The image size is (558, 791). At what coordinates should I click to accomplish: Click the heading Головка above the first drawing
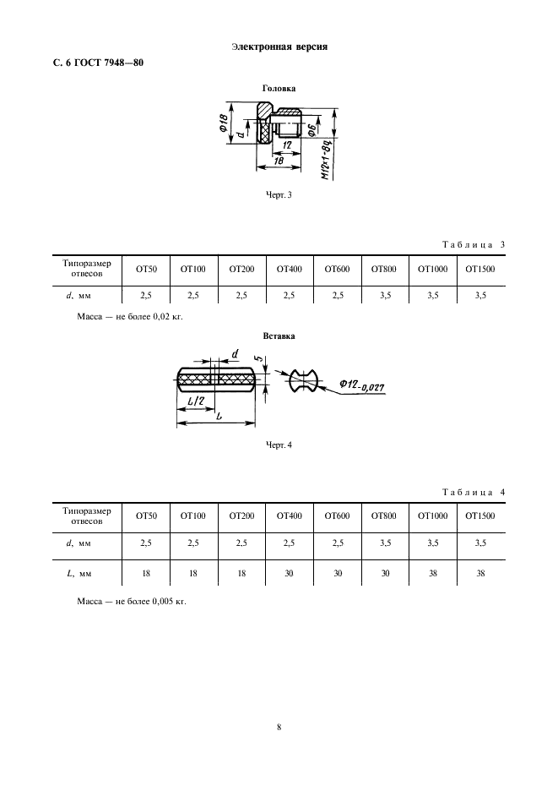tap(279, 87)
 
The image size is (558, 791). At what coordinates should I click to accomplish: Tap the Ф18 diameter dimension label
tap(219, 124)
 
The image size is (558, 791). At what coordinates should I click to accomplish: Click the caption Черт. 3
tap(279, 195)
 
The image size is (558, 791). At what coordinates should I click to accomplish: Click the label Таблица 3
tap(473, 245)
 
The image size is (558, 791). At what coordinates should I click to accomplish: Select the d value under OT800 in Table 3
tap(384, 295)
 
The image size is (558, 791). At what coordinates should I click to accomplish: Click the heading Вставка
tap(279, 335)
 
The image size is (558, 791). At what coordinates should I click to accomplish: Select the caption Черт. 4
tap(279, 445)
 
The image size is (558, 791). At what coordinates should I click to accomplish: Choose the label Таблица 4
tap(473, 492)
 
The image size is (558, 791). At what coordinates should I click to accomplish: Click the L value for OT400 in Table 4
tap(289, 573)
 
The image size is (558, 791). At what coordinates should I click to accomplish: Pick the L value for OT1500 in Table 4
tap(479, 573)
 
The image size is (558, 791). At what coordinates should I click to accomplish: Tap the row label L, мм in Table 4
tap(78, 573)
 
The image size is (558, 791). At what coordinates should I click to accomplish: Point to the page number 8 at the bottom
tap(279, 725)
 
